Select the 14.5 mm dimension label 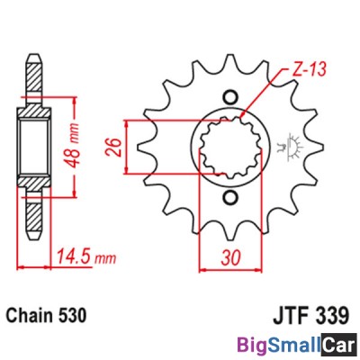83,259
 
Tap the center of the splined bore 228,146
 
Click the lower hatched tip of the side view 33,216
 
